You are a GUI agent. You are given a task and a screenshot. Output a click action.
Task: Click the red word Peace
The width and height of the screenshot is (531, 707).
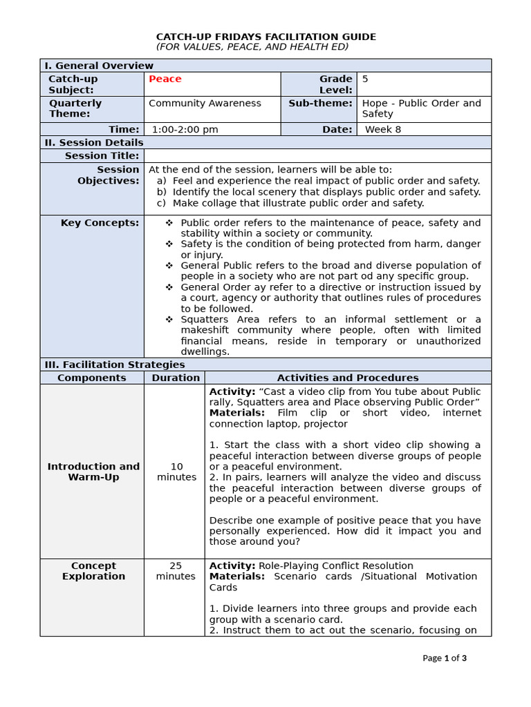pyautogui.click(x=165, y=79)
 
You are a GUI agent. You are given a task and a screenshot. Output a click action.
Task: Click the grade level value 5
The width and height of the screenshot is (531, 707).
pyautogui.click(x=365, y=79)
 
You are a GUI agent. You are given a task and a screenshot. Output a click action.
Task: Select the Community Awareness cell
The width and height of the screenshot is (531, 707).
pyautogui.click(x=205, y=104)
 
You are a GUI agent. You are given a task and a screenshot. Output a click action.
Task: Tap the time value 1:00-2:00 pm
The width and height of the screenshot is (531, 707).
pyautogui.click(x=185, y=129)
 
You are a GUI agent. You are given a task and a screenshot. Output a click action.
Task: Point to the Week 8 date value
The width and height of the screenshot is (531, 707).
pyautogui.click(x=382, y=129)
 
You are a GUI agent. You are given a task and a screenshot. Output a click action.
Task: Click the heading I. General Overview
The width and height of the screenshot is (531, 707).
pyautogui.click(x=99, y=66)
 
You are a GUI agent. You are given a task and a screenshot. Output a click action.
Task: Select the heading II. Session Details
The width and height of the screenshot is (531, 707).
pyautogui.click(x=94, y=142)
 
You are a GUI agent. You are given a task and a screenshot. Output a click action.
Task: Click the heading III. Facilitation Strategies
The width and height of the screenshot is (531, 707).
pyautogui.click(x=114, y=365)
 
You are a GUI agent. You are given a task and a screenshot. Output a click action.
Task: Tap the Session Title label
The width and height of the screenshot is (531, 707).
pyautogui.click(x=102, y=156)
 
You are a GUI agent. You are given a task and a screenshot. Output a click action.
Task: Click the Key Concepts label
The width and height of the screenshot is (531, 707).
pyautogui.click(x=100, y=222)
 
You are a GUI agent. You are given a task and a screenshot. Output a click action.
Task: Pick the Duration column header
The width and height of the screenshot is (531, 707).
pyautogui.click(x=176, y=378)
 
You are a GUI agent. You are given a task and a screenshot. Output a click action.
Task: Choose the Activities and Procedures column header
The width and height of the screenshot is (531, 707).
pyautogui.click(x=348, y=378)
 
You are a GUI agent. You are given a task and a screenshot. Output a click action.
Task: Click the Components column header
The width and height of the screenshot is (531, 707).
pyautogui.click(x=92, y=378)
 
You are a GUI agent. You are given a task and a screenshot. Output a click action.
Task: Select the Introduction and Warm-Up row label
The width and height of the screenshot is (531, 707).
pyautogui.click(x=93, y=472)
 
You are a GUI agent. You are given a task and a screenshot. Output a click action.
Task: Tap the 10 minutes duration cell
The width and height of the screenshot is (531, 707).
pyautogui.click(x=176, y=472)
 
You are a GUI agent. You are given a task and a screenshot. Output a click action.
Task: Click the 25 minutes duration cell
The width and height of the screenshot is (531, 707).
pyautogui.click(x=176, y=571)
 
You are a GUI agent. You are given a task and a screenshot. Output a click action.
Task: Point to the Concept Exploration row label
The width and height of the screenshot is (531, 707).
pyautogui.click(x=93, y=571)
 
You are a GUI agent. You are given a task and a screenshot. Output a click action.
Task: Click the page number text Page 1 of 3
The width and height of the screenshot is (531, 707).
pyautogui.click(x=444, y=658)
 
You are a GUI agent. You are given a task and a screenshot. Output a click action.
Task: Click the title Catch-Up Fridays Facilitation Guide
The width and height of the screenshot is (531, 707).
pyautogui.click(x=265, y=37)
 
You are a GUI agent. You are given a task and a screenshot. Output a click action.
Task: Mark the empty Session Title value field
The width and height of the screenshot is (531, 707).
pyautogui.click(x=317, y=156)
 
